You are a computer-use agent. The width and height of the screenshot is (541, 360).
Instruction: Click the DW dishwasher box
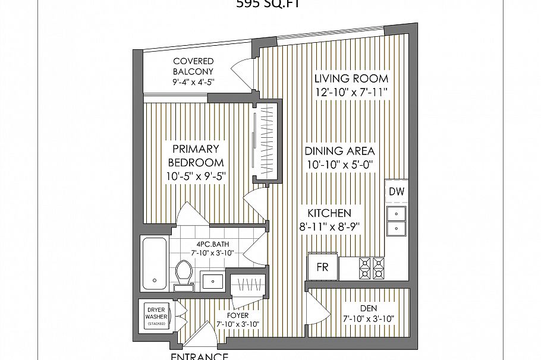tap(396, 191)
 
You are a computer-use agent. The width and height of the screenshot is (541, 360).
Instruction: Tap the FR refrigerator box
tap(322, 267)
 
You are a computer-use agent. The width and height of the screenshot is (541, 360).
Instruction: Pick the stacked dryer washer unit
tap(156, 316)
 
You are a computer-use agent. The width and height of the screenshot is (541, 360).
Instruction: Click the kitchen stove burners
tap(371, 268)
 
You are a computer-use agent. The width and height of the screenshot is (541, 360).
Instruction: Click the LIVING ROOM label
tap(351, 78)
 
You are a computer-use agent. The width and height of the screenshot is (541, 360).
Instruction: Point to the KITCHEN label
tap(329, 213)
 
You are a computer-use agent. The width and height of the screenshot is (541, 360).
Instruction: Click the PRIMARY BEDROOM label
tap(196, 156)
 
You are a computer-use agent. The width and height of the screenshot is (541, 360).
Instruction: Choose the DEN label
tap(369, 308)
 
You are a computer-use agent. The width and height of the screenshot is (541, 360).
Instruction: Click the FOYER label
tap(237, 315)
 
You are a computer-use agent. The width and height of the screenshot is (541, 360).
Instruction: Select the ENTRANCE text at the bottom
tap(200, 356)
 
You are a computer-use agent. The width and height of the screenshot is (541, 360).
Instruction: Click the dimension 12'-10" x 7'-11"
tap(351, 92)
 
